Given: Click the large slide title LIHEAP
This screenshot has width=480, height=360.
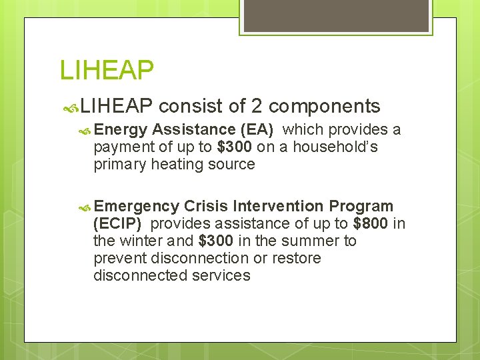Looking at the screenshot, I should click(x=107, y=70).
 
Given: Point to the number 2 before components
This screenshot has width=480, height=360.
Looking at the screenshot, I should click(x=256, y=106).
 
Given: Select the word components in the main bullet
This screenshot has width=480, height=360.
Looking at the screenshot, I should click(x=325, y=107).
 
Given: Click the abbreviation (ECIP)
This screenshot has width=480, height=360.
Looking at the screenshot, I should click(x=117, y=223).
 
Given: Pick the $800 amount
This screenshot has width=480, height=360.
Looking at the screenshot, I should click(x=370, y=223).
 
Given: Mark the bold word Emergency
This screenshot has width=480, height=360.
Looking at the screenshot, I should click(x=141, y=206).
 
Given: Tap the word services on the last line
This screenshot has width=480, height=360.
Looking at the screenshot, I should click(x=221, y=275).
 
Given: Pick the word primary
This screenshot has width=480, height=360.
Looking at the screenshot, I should click(x=117, y=164).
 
